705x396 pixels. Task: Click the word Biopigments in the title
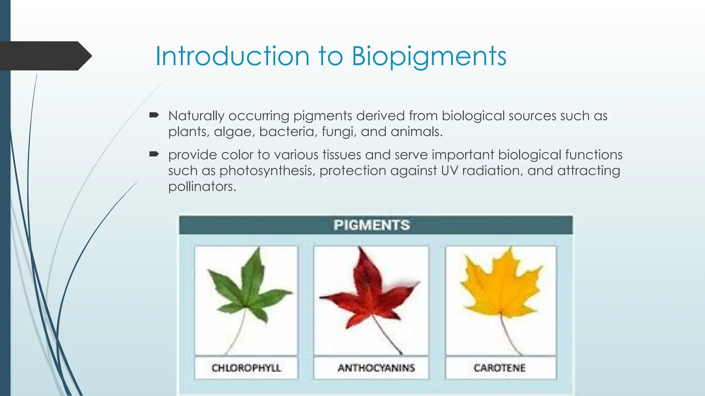[x=429, y=56]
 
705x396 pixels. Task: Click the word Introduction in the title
[x=232, y=56]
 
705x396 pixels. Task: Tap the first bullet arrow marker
[x=154, y=115]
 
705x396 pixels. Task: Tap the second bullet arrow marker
[x=154, y=154]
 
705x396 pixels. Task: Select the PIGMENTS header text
[x=371, y=225]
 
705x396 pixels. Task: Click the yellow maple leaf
[x=501, y=285]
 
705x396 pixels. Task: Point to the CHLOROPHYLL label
[x=246, y=368]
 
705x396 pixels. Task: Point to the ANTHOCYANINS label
[x=376, y=368]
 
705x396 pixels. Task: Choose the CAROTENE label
[x=499, y=368]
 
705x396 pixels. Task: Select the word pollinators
[x=202, y=187]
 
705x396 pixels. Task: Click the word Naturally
[x=196, y=116]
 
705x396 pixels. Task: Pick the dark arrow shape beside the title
[x=43, y=56]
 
